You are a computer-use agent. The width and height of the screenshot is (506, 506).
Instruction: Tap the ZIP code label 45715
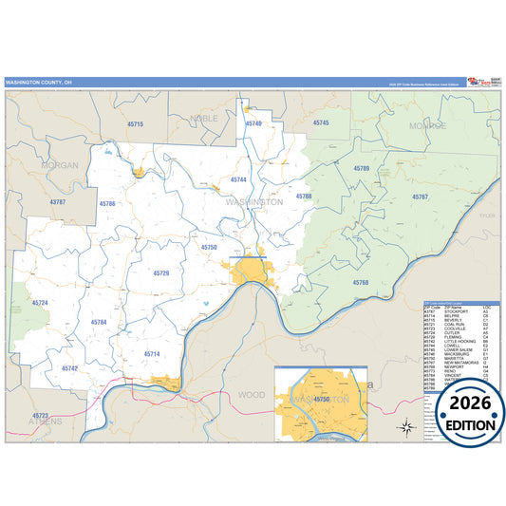pyautogui.click(x=135, y=124)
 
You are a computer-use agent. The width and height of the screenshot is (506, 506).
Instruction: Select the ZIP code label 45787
pyautogui.click(x=58, y=202)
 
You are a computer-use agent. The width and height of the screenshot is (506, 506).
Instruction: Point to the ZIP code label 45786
pyautogui.click(x=106, y=203)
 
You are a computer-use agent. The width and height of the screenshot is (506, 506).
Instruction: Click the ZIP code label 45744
pyautogui.click(x=238, y=178)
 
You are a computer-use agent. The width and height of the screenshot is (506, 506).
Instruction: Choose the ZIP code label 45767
pyautogui.click(x=420, y=197)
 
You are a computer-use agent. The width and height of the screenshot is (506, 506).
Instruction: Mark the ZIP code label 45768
pyautogui.click(x=361, y=283)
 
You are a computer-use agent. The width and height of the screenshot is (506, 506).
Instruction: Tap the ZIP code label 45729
pyautogui.click(x=161, y=272)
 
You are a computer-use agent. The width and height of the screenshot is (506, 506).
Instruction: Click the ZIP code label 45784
pyautogui.click(x=99, y=323)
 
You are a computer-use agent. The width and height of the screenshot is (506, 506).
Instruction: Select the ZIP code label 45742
pyautogui.click(x=69, y=367)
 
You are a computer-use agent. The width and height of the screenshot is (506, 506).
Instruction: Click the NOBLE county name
pyautogui.click(x=203, y=118)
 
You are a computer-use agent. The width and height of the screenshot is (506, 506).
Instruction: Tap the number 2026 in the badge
pyautogui.click(x=462, y=405)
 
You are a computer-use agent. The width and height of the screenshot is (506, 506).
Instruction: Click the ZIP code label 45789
pyautogui.click(x=361, y=168)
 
